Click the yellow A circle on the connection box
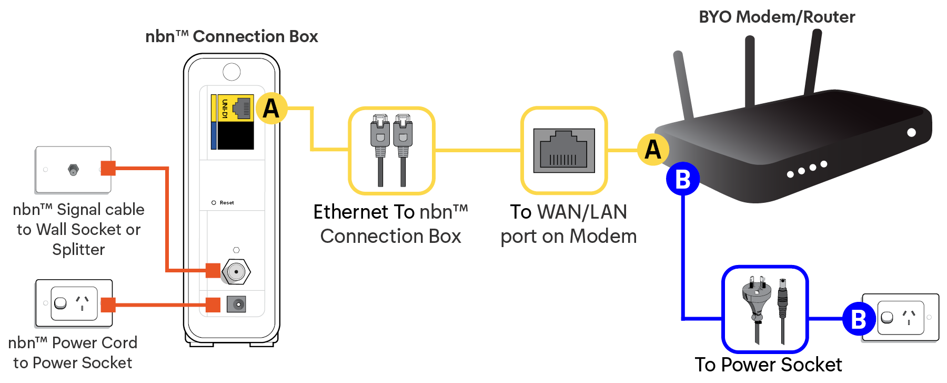pos(271,108)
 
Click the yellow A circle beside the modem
pos(653,150)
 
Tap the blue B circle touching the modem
pos(683,179)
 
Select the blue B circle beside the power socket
pos(859,319)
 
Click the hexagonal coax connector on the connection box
pos(236,272)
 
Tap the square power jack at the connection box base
pos(236,304)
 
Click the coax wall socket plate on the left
pos(73,170)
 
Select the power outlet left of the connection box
pos(74,303)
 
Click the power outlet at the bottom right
pos(900,318)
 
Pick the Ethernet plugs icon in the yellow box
pos(391,150)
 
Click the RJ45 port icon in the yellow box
pos(564,151)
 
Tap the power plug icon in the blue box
pos(764,310)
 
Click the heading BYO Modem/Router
pos(777,17)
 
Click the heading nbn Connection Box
pos(231,36)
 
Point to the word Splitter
pos(78,249)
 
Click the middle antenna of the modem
pos(750,71)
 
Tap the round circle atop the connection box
pos(231,72)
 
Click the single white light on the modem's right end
pos(912,132)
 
